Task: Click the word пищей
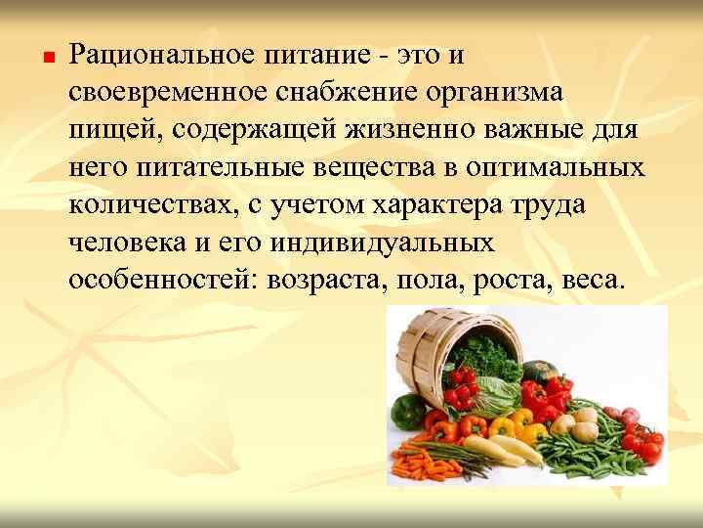pyautogui.click(x=110, y=130)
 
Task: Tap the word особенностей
pyautogui.click(x=155, y=283)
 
